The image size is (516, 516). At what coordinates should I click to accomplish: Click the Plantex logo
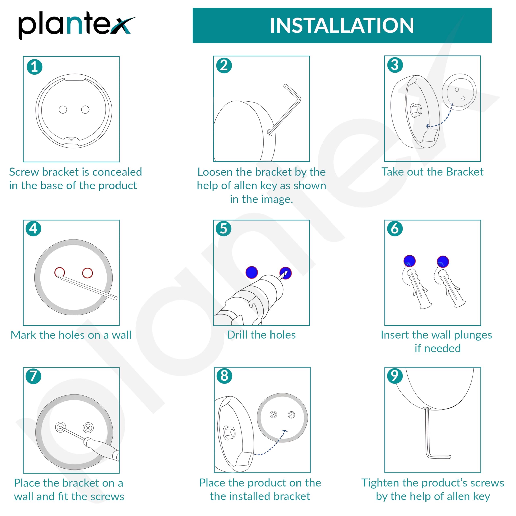click(x=77, y=25)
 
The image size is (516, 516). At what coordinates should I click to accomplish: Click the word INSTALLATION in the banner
click(x=342, y=26)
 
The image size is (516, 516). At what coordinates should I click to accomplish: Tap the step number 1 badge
click(x=34, y=67)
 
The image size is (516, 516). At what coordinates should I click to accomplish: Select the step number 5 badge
click(x=224, y=229)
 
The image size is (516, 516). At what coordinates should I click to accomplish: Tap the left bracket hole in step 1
click(x=63, y=109)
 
